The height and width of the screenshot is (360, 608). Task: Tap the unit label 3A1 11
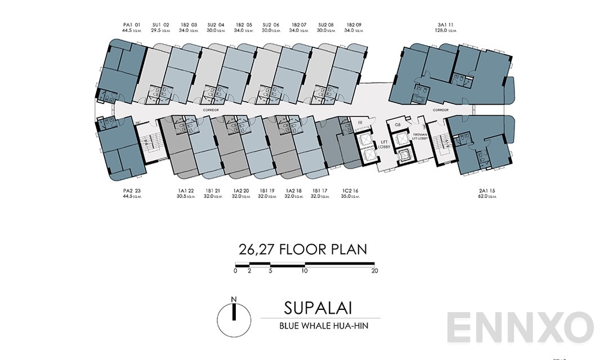[x=445, y=25]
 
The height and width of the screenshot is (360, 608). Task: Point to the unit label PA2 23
[x=130, y=191]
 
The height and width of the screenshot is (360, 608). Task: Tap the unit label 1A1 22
[x=185, y=191]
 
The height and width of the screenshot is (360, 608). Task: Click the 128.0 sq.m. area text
[x=445, y=31]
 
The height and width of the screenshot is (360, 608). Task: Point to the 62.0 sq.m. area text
[x=487, y=197]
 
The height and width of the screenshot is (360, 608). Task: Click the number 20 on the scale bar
[x=375, y=271]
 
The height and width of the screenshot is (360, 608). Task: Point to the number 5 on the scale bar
[x=270, y=271]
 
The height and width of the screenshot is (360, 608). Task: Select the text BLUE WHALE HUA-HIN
[x=320, y=326]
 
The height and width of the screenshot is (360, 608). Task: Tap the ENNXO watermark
[x=521, y=327]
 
